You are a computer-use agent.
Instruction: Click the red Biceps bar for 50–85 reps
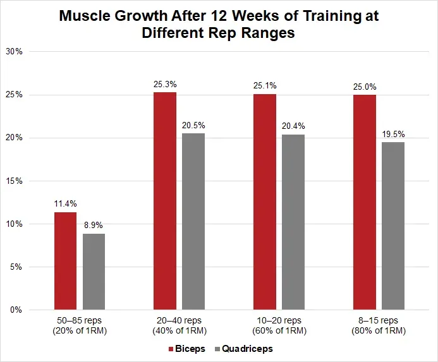[65, 261]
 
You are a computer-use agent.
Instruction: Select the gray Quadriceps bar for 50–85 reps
[94, 272]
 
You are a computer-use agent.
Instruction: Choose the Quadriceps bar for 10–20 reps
[294, 222]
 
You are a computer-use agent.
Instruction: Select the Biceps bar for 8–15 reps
[365, 202]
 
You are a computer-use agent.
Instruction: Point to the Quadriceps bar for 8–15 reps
[393, 226]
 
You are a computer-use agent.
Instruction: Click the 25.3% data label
[165, 83]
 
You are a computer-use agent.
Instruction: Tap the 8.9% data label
[94, 225]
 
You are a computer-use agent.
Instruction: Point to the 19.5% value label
[393, 134]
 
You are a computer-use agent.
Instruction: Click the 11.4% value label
[65, 203]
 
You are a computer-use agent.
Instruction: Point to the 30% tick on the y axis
[15, 52]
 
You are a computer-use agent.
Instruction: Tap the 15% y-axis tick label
[15, 181]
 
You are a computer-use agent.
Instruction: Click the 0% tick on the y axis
[17, 310]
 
